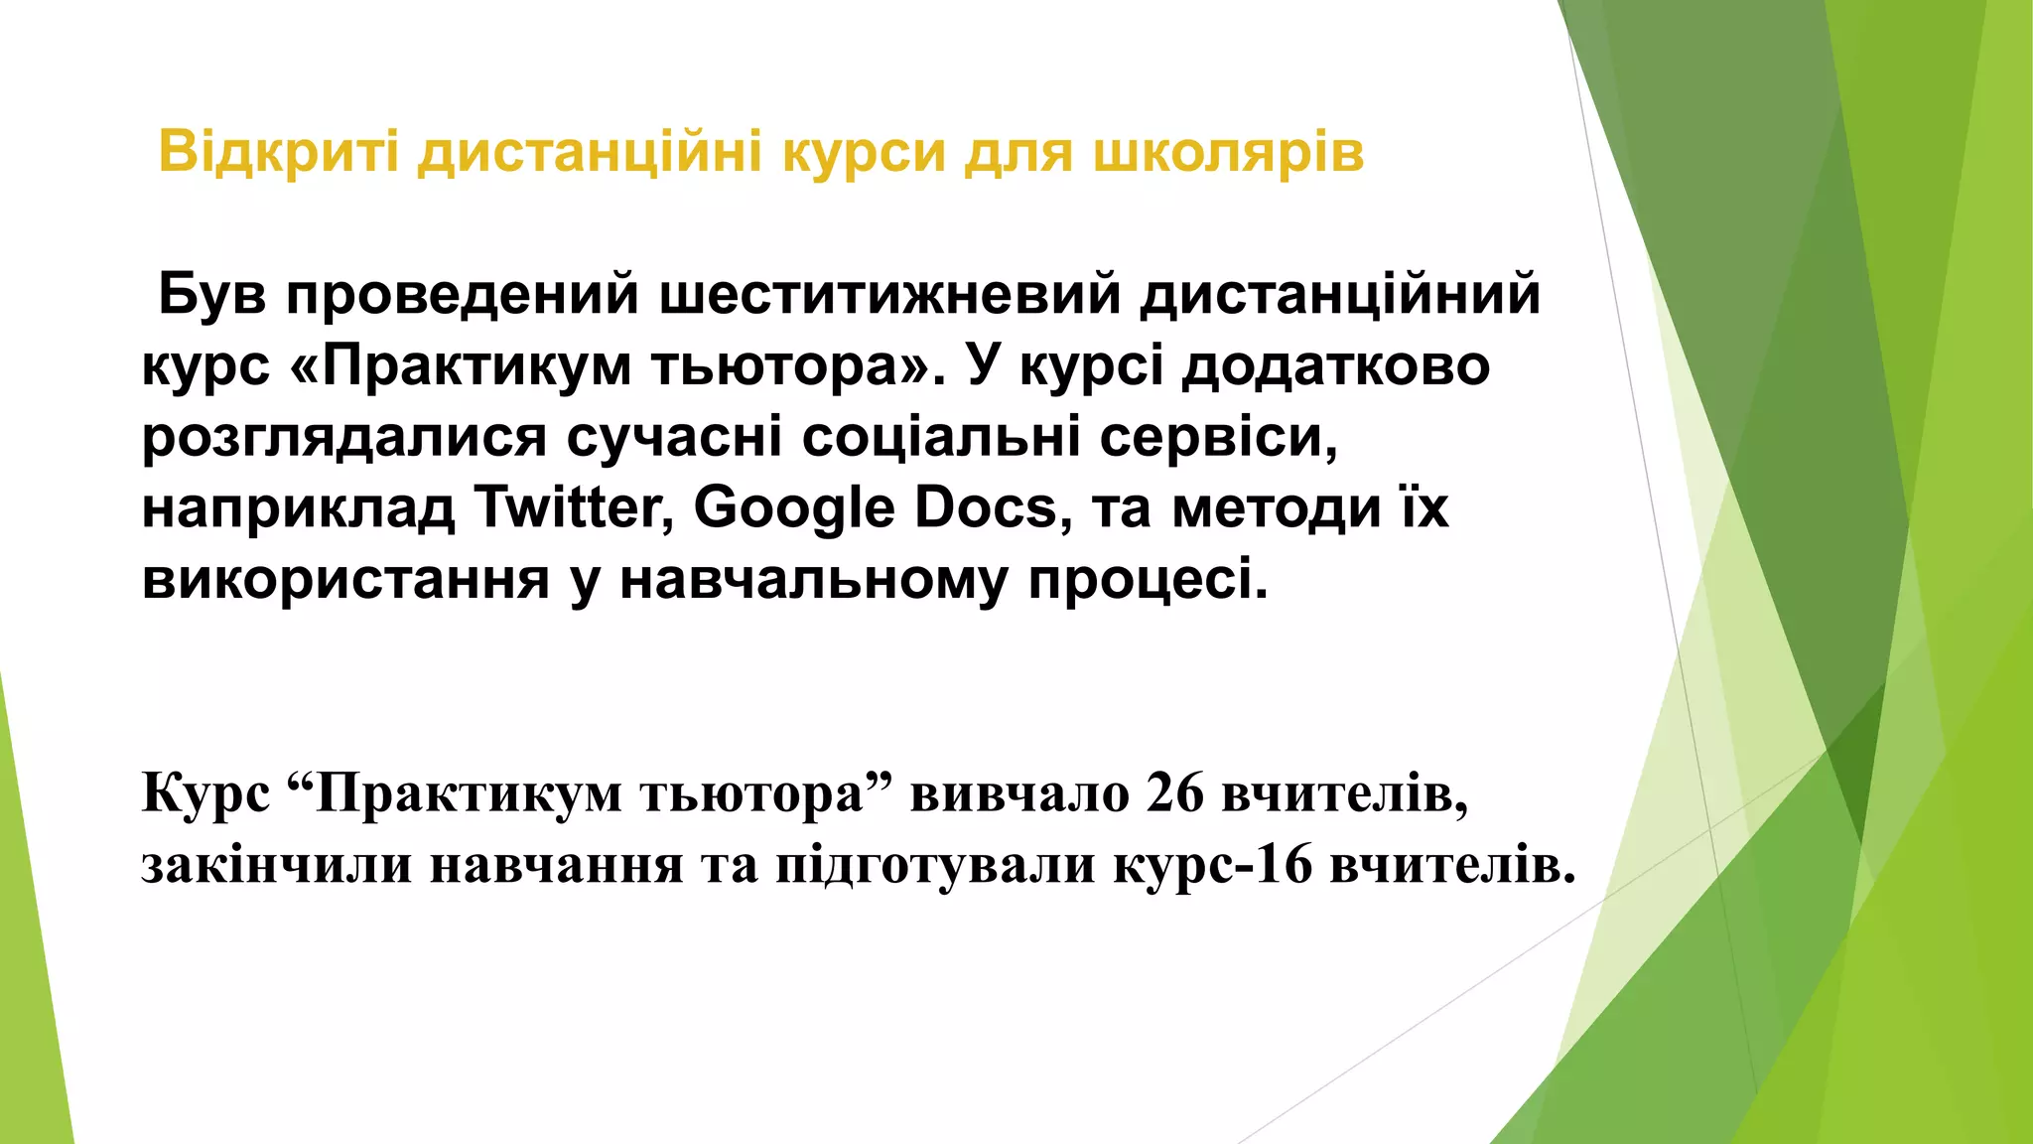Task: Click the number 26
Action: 1175,793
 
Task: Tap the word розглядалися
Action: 344,438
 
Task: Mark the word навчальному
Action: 813,580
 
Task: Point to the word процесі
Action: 1148,580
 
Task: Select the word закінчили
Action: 276,865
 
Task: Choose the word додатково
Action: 1336,366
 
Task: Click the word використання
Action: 345,579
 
